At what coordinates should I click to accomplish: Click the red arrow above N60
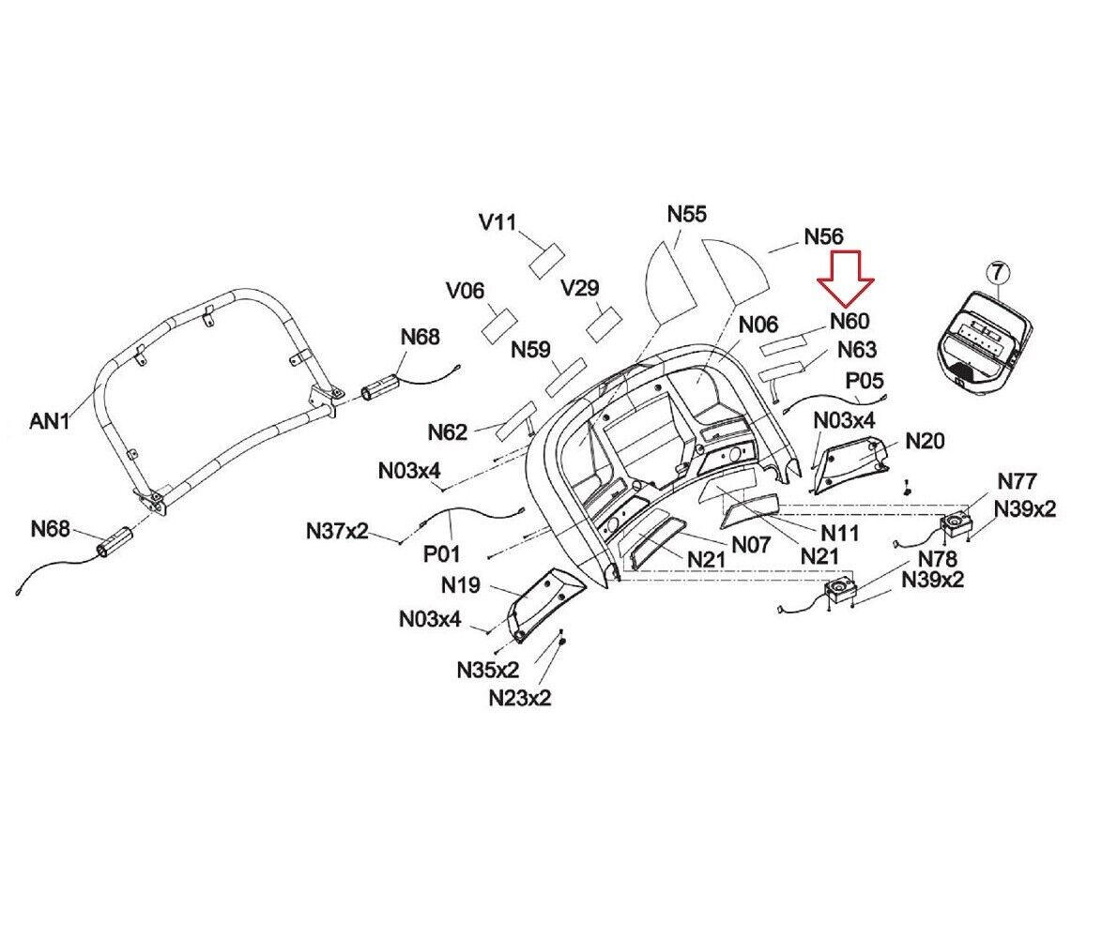[x=846, y=278]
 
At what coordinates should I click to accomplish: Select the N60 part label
[x=849, y=322]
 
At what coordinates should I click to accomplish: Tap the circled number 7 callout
[x=998, y=272]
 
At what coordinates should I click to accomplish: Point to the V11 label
[x=497, y=222]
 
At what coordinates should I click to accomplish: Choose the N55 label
[x=687, y=214]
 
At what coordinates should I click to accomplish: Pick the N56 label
[x=823, y=236]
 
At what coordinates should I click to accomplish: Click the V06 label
[x=465, y=290]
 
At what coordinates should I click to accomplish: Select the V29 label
[x=580, y=287]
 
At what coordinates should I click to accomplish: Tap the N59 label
[x=530, y=349]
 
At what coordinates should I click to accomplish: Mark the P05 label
[x=864, y=381]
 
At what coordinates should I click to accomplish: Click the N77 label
[x=1017, y=481]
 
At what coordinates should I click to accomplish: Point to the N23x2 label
[x=520, y=698]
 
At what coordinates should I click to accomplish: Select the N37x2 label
[x=337, y=531]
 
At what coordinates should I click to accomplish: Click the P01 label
[x=441, y=554]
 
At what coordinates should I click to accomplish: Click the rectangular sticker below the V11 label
[x=546, y=261]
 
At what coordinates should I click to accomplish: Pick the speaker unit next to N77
[x=956, y=524]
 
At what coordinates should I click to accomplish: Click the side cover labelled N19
[x=545, y=603]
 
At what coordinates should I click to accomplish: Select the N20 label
[x=925, y=441]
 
